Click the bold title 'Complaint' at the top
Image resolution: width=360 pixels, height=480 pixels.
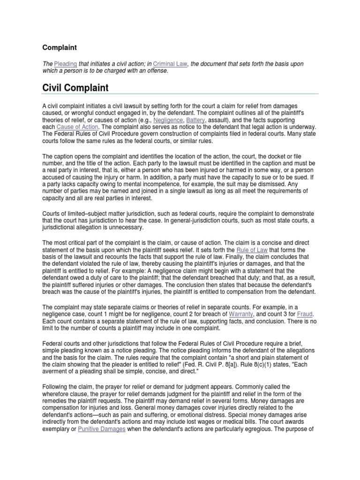(60, 47)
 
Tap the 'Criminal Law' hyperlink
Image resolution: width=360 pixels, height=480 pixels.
(170, 63)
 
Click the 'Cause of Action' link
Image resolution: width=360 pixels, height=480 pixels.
(78, 127)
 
